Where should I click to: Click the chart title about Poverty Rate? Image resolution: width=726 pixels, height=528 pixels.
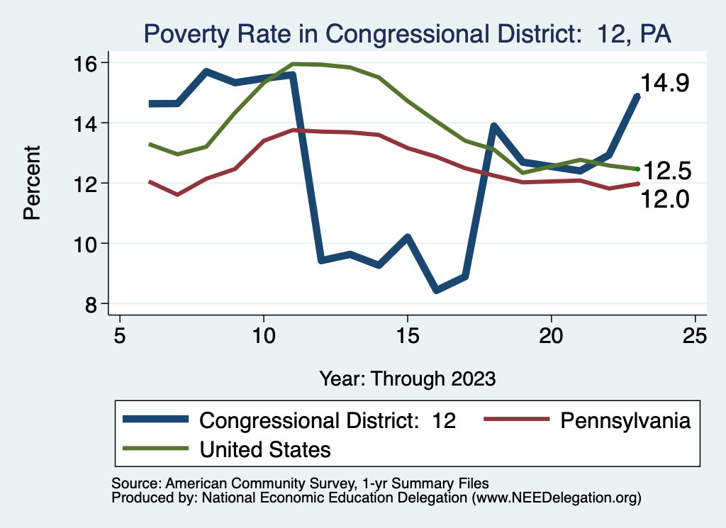[x=407, y=33]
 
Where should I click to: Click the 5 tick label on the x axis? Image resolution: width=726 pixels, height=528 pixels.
[x=120, y=335]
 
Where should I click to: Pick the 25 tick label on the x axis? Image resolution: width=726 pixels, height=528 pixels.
[x=695, y=335]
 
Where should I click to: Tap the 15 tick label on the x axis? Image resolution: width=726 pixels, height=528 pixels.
[x=408, y=335]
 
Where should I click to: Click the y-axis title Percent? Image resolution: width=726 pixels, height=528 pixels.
[x=32, y=183]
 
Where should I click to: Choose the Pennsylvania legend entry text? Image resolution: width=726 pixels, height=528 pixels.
[x=625, y=420]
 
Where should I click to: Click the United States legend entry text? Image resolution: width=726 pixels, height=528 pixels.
[x=265, y=449]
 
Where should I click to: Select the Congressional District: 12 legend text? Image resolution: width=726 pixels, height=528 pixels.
[x=328, y=420]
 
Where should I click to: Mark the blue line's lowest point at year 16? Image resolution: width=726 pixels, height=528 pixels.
[x=436, y=289]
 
